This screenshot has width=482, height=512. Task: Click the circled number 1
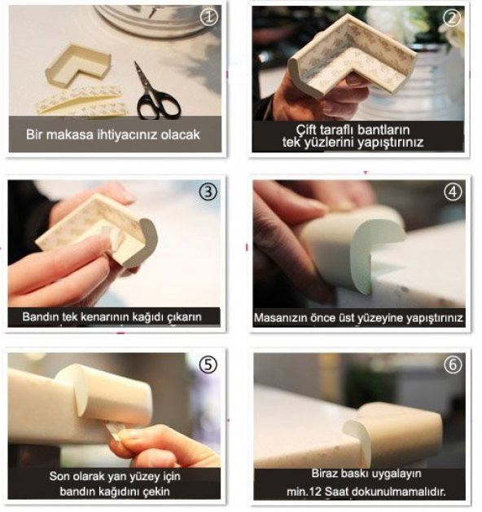(209, 17)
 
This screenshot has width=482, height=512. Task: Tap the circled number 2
(452, 17)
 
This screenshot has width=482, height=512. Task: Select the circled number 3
(208, 192)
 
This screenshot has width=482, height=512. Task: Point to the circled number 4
(453, 192)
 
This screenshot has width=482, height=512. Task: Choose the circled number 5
(208, 364)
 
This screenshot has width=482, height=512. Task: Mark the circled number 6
(453, 364)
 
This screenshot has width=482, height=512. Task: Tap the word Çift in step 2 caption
(306, 130)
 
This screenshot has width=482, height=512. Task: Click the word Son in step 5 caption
(59, 476)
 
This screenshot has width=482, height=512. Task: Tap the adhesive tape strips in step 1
(82, 100)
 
